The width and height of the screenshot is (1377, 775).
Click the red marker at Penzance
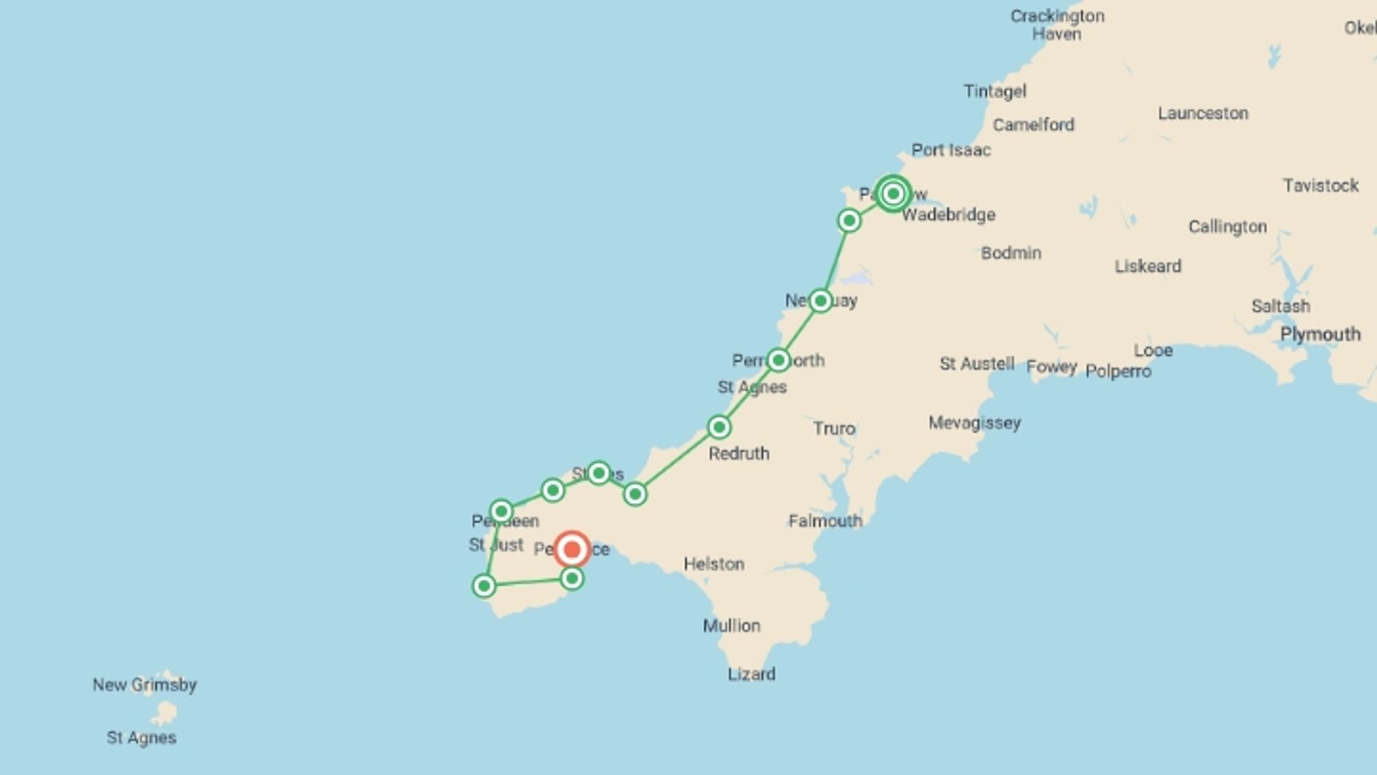click(x=572, y=550)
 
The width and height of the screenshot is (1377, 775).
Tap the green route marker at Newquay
click(x=820, y=301)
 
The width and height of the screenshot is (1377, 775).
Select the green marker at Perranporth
click(x=778, y=360)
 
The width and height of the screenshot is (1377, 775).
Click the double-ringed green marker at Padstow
click(x=893, y=194)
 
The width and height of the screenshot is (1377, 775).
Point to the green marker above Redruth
click(x=719, y=427)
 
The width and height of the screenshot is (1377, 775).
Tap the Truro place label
click(x=834, y=428)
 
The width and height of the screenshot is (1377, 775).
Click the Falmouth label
click(x=825, y=521)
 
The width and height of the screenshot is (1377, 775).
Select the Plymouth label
click(x=1320, y=334)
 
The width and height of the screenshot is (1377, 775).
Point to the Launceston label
click(x=1203, y=113)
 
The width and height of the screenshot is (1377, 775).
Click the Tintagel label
click(x=995, y=91)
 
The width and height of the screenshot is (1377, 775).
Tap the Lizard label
click(x=752, y=674)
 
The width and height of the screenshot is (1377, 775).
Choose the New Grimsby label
click(x=144, y=685)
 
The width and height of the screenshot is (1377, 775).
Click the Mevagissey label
click(x=975, y=423)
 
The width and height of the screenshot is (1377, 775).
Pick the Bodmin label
click(x=1011, y=253)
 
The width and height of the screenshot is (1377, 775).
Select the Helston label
click(x=714, y=564)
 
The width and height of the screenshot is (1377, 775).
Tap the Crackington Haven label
click(x=1057, y=25)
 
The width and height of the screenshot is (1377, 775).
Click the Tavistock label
click(x=1320, y=185)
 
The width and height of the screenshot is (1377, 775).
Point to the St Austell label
click(x=977, y=364)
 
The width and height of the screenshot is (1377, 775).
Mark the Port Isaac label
click(x=951, y=150)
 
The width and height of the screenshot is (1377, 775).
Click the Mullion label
click(x=732, y=626)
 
